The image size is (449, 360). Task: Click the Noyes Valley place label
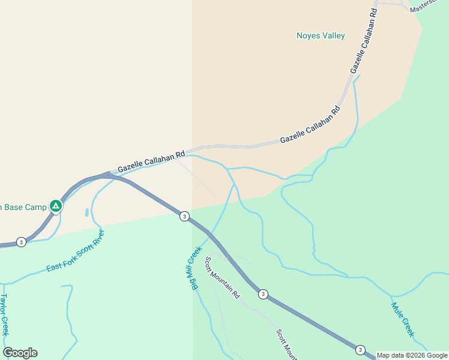pyautogui.click(x=321, y=36)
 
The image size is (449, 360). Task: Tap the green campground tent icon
pyautogui.click(x=56, y=206)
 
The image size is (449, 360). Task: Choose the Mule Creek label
pyautogui.click(x=402, y=319)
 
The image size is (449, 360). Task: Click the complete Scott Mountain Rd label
pyautogui.click(x=221, y=278)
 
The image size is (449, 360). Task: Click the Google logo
pyautogui.click(x=20, y=353)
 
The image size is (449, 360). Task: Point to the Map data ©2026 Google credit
pyautogui.click(x=412, y=355)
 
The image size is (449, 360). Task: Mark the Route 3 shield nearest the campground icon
pyautogui.click(x=22, y=242)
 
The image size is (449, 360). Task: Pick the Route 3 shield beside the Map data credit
pyautogui.click(x=360, y=350)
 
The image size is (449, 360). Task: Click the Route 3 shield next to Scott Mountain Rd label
pyautogui.click(x=263, y=294)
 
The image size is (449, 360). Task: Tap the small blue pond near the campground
pyautogui.click(x=88, y=212)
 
